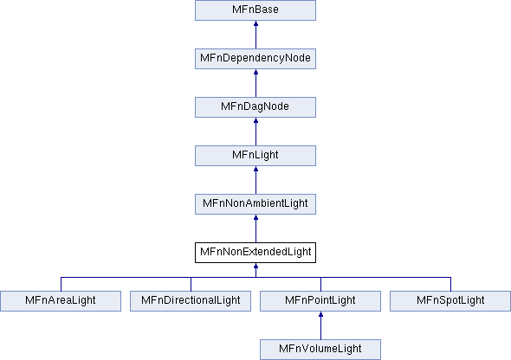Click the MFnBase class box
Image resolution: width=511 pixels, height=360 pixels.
[255, 10]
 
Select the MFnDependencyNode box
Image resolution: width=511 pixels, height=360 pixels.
[255, 59]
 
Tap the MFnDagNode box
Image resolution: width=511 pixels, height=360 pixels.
[255, 107]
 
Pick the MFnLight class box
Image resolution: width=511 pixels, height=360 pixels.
[255, 156]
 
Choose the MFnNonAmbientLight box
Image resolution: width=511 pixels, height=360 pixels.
[255, 204]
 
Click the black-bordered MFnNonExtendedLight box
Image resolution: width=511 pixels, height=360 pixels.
[255, 253]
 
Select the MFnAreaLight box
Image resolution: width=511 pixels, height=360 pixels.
[61, 301]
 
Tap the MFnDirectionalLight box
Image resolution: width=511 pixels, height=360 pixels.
[191, 301]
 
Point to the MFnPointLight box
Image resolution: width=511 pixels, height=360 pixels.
[320, 301]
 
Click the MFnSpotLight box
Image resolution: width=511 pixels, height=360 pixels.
[450, 301]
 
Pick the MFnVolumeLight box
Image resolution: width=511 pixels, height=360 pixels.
[320, 350]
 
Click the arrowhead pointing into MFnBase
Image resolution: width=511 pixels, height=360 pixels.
[255, 23]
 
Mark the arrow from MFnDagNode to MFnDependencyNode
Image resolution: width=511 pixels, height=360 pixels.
[255, 83]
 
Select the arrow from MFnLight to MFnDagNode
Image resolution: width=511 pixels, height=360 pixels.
[255, 132]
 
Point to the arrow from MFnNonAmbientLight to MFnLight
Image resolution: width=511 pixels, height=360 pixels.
[255, 180]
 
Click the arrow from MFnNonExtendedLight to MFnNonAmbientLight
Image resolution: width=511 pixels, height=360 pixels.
[255, 228]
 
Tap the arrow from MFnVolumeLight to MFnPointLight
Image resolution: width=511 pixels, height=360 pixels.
[320, 325]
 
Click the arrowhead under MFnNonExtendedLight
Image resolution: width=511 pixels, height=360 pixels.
[255, 266]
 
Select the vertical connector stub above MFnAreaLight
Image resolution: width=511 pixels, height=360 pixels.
[61, 284]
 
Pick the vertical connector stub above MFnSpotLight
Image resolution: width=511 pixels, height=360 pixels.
[450, 284]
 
